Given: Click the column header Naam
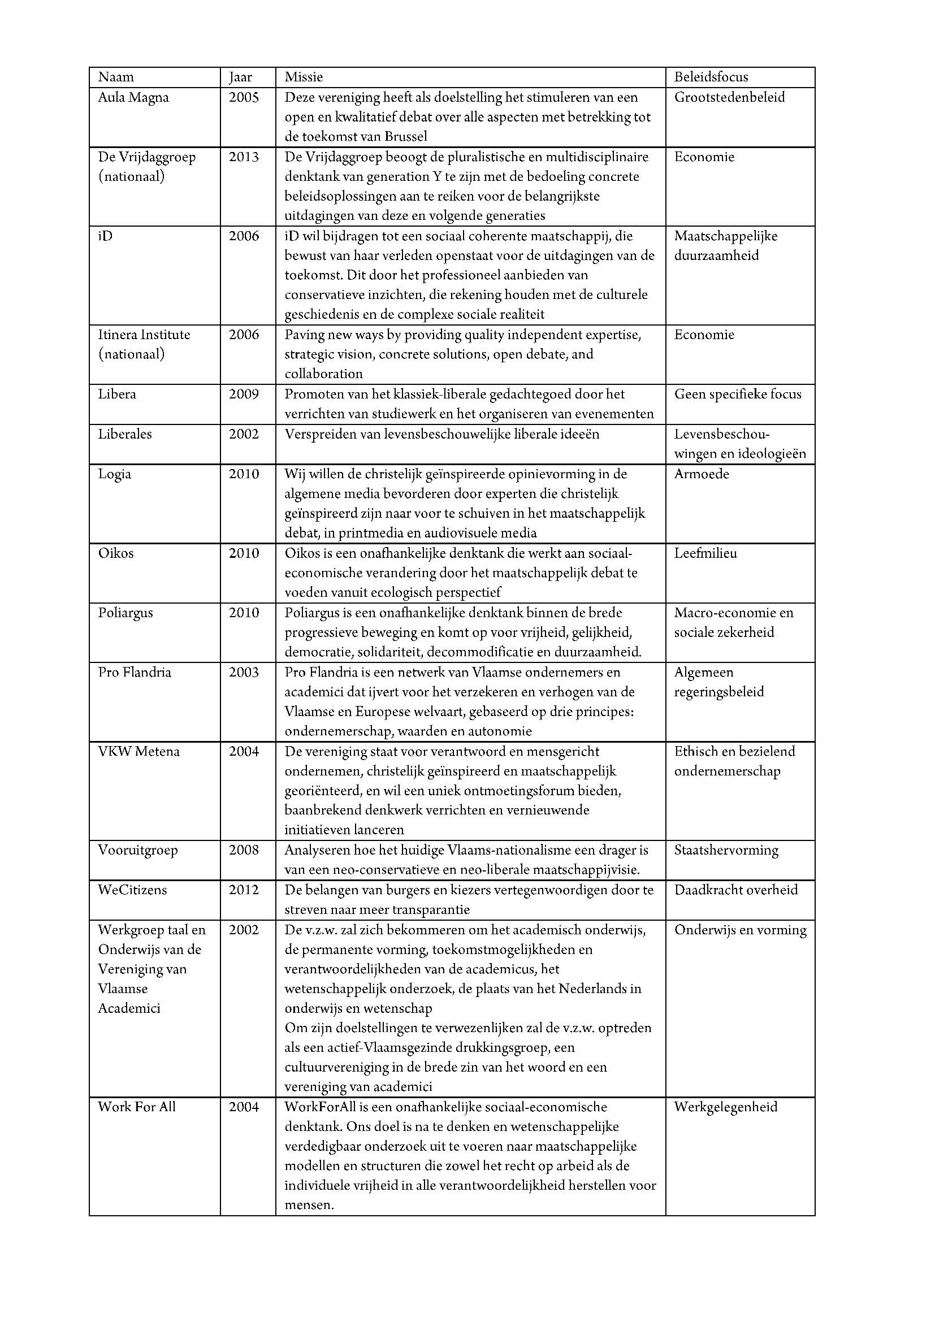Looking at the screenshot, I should pos(116,77).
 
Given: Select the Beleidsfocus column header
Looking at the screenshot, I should pos(711,77).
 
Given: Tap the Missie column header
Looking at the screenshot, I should pos(304,77).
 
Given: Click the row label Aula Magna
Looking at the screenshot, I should pos(133,97).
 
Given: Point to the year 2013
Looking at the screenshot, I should pos(244,157).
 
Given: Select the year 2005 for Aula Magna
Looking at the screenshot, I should pos(244,97).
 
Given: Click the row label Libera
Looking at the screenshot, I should pos(117,395).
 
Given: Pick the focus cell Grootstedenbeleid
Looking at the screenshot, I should pos(729,97).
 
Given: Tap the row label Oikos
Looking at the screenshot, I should pos(116,553).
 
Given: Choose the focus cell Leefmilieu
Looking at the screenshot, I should pos(705,553).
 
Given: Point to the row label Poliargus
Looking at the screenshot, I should pos(125,613).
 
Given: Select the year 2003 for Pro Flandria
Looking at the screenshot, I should pos(244,672).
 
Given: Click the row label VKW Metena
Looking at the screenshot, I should pos(138,751).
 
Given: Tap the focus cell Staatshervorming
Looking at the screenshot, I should pos(726,850).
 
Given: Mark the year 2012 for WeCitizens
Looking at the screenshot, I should pos(244,890).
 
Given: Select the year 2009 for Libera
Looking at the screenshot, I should pos(244,395).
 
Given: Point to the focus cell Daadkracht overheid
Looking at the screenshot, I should pos(736,890).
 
